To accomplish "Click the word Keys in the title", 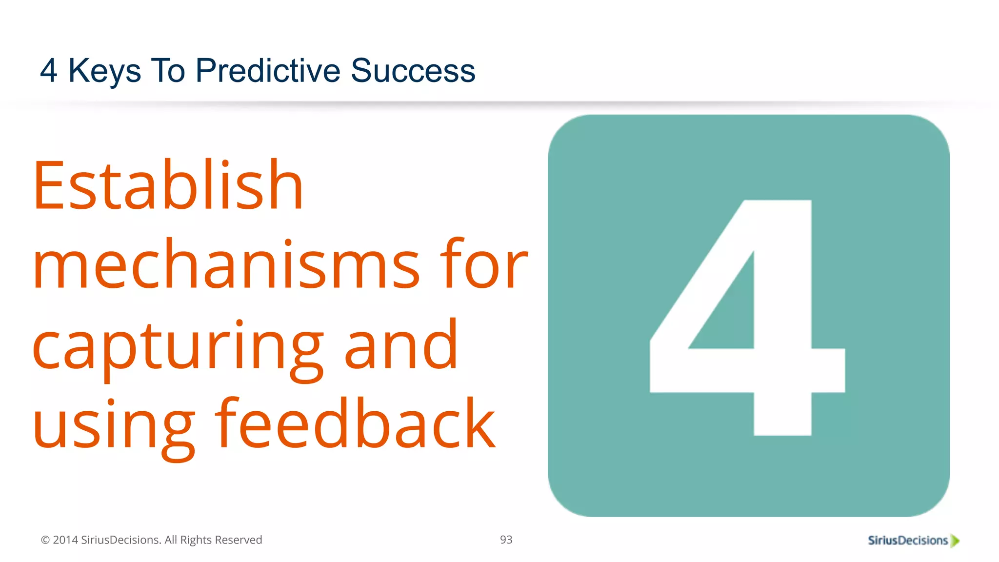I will tap(104, 71).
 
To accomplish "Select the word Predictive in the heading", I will tap(268, 70).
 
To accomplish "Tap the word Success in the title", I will tap(413, 70).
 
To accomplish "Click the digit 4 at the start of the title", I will tap(48, 70).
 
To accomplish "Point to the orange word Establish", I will tap(168, 185).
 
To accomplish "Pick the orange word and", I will tap(401, 344).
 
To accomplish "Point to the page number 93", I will tap(506, 540).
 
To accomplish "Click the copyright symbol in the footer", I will tap(45, 540).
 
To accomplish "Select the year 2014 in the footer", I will tap(65, 540).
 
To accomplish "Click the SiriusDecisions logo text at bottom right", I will tap(907, 541).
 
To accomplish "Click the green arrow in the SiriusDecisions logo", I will tap(955, 541).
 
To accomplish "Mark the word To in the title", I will tap(168, 70).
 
